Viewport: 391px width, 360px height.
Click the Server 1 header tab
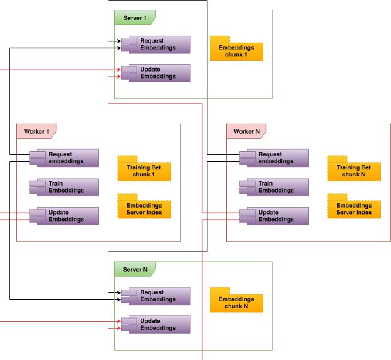pyautogui.click(x=135, y=18)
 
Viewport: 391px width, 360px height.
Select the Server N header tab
pyautogui.click(x=135, y=269)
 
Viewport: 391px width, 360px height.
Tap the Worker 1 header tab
pyautogui.click(x=36, y=131)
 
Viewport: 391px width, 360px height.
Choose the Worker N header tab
pyautogui.click(x=246, y=131)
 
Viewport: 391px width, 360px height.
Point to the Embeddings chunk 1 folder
pyautogui.click(x=236, y=50)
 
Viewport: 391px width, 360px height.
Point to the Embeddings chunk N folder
pyautogui.click(x=236, y=302)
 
